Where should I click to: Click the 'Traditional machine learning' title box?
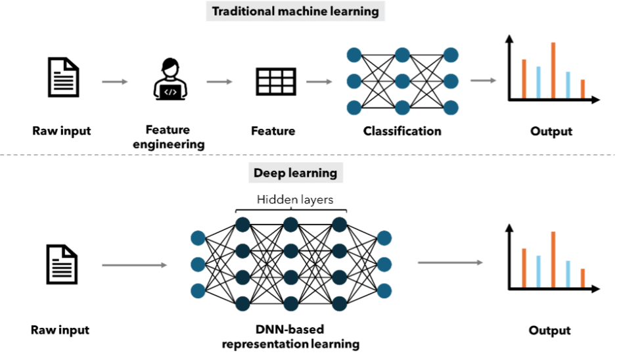(294, 11)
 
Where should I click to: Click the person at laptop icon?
(169, 79)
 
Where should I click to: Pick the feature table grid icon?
(275, 81)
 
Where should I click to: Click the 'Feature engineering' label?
(169, 138)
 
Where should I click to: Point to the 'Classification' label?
(402, 131)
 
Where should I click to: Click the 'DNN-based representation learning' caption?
(290, 336)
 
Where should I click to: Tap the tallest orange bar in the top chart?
(554, 70)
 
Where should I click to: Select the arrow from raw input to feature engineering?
(114, 82)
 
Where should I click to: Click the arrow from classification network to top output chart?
(483, 81)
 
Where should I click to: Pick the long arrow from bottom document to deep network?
(135, 266)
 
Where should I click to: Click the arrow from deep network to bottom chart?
(451, 263)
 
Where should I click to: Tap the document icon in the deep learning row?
(62, 265)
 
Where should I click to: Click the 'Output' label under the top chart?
(551, 131)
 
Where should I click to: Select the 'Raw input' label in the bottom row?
(60, 330)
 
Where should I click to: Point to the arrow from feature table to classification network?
(319, 82)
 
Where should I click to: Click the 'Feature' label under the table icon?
(273, 131)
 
